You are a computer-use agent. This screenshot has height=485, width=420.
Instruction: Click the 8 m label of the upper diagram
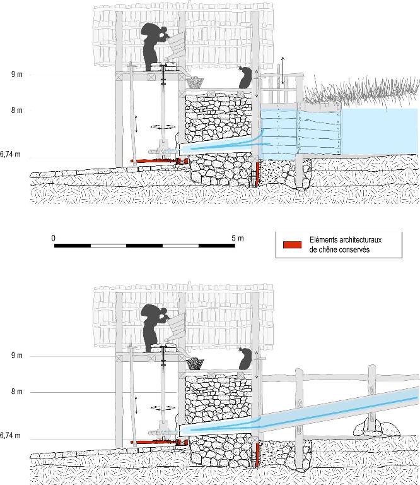(16, 110)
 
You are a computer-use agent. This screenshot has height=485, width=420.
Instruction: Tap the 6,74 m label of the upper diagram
(11, 153)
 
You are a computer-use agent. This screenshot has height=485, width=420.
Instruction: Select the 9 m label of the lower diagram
(16, 356)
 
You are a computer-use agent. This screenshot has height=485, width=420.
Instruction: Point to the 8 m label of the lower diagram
(16, 392)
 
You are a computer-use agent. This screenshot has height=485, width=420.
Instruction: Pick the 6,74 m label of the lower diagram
(11, 435)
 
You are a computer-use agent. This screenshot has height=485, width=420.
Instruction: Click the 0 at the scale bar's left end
(54, 237)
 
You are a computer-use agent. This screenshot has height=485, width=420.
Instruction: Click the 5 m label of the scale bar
(236, 237)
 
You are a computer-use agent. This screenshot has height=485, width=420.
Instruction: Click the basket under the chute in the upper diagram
(195, 81)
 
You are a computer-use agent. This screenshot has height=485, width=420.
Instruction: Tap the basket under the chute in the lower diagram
(195, 364)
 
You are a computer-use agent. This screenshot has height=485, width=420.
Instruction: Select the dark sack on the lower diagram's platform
(245, 359)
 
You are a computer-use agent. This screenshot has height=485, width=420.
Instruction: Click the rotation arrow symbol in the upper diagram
(163, 126)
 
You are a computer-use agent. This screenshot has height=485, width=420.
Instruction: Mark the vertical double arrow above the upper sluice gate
(283, 71)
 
